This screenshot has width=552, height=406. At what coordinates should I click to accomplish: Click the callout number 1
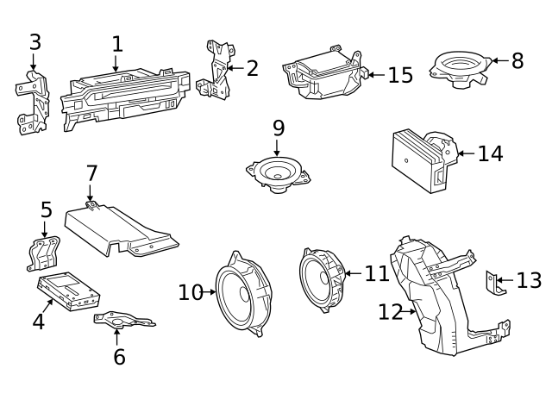coord(117,44)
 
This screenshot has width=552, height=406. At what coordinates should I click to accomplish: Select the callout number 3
coord(34,41)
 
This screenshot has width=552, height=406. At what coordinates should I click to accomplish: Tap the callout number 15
coord(400,75)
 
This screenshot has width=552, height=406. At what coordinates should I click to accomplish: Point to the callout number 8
coord(517,60)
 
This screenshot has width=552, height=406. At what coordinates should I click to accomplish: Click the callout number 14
coord(490,153)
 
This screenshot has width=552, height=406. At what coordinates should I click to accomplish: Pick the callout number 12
coord(391,311)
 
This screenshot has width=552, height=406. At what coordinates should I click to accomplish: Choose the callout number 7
coord(92,173)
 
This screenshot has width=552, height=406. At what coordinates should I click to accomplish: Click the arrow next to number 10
coord(209,292)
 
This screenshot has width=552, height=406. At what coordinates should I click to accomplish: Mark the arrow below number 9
coord(278,147)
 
